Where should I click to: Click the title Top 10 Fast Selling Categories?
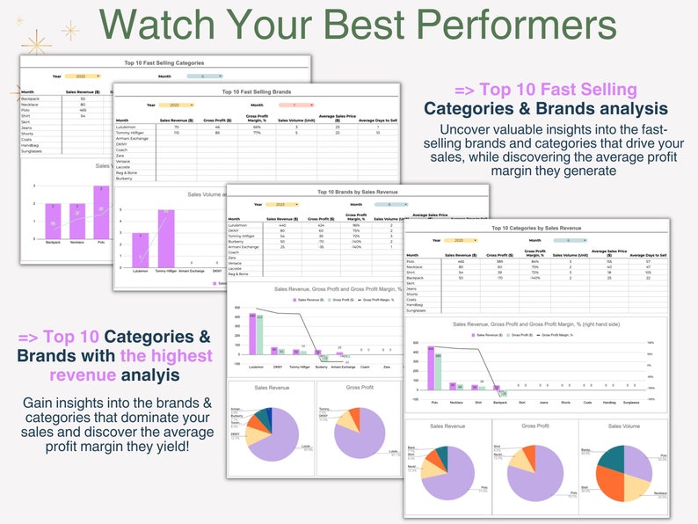point(164,64)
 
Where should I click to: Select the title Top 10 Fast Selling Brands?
point(256,91)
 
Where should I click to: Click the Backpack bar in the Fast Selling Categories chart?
point(53,220)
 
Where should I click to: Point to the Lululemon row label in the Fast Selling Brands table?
point(129,127)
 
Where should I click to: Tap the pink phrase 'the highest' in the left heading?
point(166,355)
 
